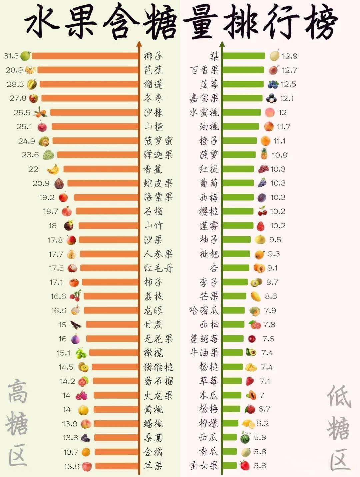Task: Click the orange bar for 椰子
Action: click(85, 56)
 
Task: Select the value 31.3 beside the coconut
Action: click(11, 56)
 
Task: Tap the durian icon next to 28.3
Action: click(32, 84)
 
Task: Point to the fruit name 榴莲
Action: click(153, 84)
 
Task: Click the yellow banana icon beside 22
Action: click(53, 169)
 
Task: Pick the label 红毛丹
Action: click(158, 268)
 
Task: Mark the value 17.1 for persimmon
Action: click(56, 282)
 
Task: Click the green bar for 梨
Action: click(244, 56)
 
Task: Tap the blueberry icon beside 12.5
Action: click(273, 84)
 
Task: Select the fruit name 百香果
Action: click(204, 70)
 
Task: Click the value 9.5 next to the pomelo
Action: click(275, 240)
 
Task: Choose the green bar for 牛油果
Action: click(233, 353)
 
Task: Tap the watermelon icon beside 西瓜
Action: click(245, 437)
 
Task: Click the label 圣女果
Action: click(204, 465)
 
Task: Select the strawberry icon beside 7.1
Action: click(250, 381)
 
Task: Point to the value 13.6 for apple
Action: click(71, 466)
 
